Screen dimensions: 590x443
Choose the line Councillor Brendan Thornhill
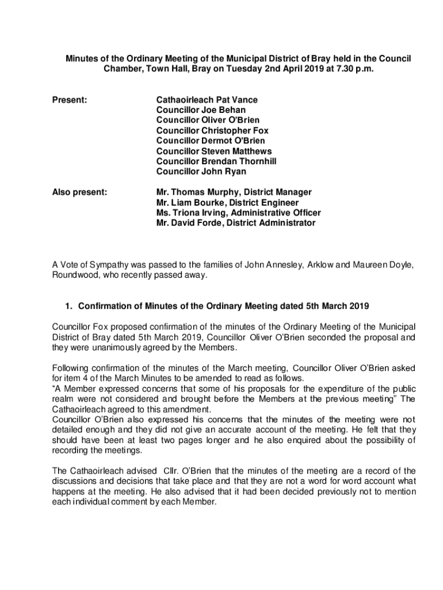coord(216,161)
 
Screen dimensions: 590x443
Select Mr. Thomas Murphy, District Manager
coord(234,192)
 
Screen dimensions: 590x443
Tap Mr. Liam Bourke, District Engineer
coord(227,203)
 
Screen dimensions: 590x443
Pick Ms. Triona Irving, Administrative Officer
coord(238,213)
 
